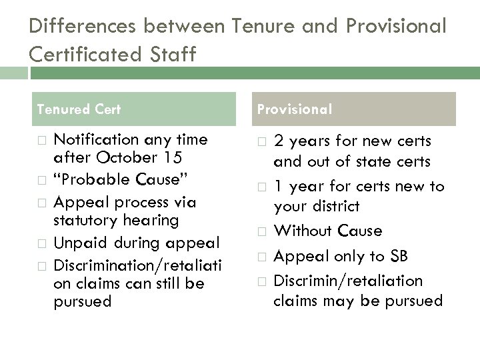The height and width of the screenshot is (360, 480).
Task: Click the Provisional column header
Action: (294, 109)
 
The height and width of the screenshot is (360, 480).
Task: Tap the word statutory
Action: (81, 219)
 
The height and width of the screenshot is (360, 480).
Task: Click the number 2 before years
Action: (279, 141)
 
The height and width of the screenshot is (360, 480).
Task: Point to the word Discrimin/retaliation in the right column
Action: (348, 280)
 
